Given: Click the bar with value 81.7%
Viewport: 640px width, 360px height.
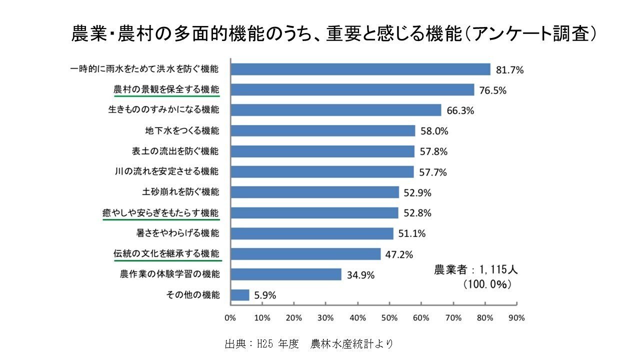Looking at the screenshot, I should (x=360, y=69).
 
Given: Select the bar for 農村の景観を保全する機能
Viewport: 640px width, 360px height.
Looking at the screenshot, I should (x=352, y=89).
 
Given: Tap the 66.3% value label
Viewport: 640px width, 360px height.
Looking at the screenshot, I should (x=460, y=110).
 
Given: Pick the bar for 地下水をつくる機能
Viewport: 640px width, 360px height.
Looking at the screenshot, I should (x=322, y=131).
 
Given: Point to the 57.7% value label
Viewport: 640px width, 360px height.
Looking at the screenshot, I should (x=433, y=172).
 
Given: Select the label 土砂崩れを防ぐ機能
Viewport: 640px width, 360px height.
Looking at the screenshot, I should (x=180, y=192).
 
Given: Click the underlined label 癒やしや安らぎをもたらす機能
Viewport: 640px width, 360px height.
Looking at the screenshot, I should (x=161, y=213).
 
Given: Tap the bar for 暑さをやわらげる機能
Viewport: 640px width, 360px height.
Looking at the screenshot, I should (x=312, y=233).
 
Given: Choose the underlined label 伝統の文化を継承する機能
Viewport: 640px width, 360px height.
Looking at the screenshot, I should (x=166, y=254).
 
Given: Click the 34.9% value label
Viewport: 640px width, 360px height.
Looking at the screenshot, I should (x=361, y=275).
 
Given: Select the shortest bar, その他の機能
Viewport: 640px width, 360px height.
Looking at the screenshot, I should (x=239, y=295).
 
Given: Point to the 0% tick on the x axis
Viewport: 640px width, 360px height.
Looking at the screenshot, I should (x=230, y=317).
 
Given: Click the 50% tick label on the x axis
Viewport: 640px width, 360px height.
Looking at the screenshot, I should (x=389, y=317).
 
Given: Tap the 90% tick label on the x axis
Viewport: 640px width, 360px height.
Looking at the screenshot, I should (x=516, y=317).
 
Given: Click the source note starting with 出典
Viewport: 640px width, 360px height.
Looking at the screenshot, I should (x=309, y=344).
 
